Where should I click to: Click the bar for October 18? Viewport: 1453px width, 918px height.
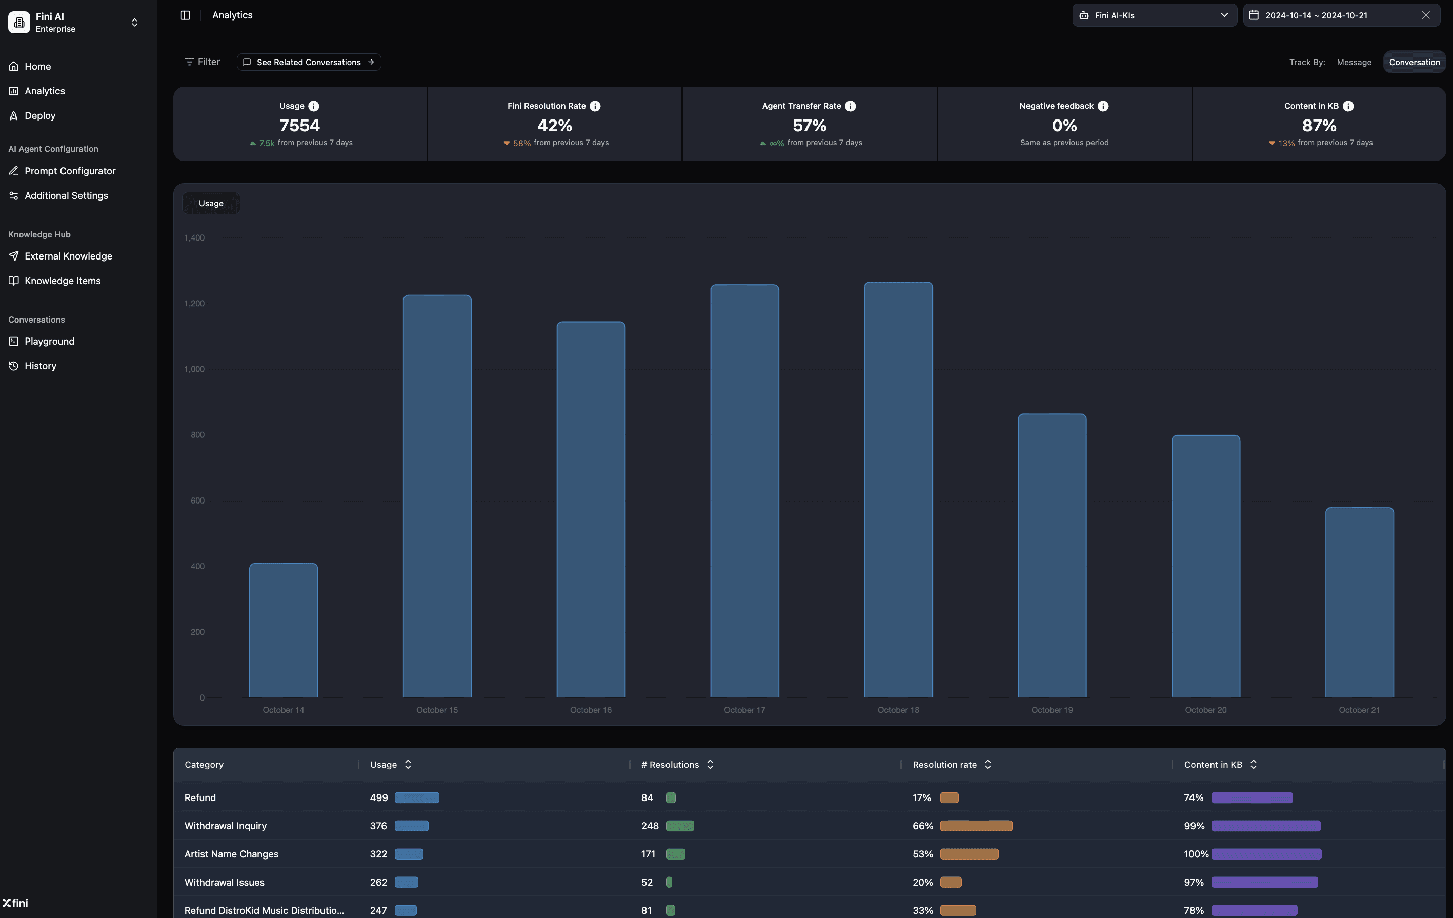898,489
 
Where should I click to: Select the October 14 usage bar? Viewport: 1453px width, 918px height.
283,630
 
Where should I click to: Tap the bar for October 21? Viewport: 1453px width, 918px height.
1359,603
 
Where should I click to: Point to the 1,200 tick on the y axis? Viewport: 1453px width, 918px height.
194,304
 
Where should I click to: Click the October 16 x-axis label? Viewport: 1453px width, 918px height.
591,710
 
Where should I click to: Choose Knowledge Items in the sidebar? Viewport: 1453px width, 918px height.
63,281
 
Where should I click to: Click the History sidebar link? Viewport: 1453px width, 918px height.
41,366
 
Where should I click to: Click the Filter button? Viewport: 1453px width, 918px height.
202,62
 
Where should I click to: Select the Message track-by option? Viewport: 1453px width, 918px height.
1354,62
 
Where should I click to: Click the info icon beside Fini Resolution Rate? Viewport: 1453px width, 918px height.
595,106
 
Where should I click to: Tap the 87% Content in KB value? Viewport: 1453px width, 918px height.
1319,126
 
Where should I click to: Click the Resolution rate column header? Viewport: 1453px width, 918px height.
944,765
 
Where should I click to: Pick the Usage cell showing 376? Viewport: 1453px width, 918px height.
378,826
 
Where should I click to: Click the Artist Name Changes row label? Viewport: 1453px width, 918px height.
231,854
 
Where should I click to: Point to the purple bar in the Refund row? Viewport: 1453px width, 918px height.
1252,798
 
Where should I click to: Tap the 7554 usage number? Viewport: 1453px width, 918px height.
299,126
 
